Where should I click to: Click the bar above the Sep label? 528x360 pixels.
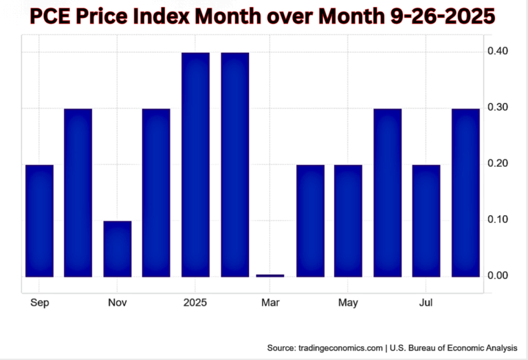coord(39,221)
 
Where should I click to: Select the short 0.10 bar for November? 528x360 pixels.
coord(117,249)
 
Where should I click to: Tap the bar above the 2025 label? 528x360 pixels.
coord(195,164)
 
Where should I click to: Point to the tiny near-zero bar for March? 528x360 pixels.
coord(269,275)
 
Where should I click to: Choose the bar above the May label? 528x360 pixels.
coord(348,221)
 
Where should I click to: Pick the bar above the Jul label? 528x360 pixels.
coord(426,221)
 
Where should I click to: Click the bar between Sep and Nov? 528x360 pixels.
coord(78,192)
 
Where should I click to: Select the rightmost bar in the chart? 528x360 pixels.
coord(465,192)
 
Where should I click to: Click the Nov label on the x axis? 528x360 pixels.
coord(117,302)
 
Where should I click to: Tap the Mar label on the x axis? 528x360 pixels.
coord(270,302)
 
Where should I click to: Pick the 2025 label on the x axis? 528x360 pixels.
coord(195,302)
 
